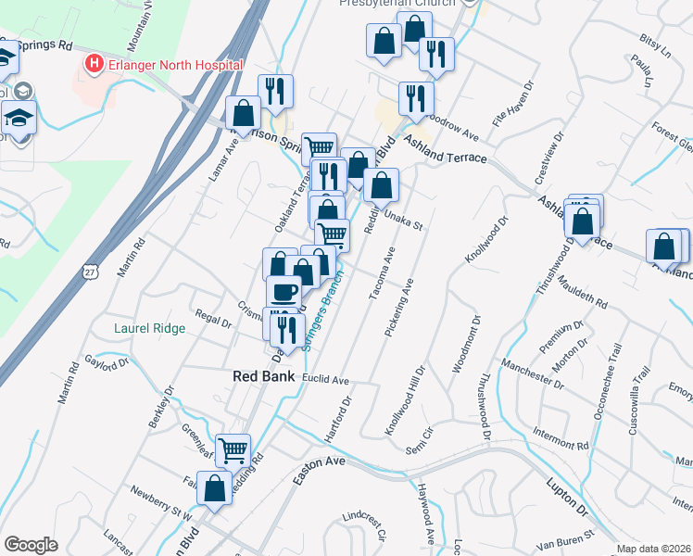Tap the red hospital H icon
click(93, 64)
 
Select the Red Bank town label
click(262, 376)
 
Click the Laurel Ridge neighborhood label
click(150, 328)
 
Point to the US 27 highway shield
click(89, 272)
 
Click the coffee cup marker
click(283, 292)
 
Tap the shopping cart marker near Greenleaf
click(233, 450)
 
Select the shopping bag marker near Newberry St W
click(214, 489)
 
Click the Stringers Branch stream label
click(321, 310)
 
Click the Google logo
click(31, 545)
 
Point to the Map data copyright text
click(654, 549)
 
